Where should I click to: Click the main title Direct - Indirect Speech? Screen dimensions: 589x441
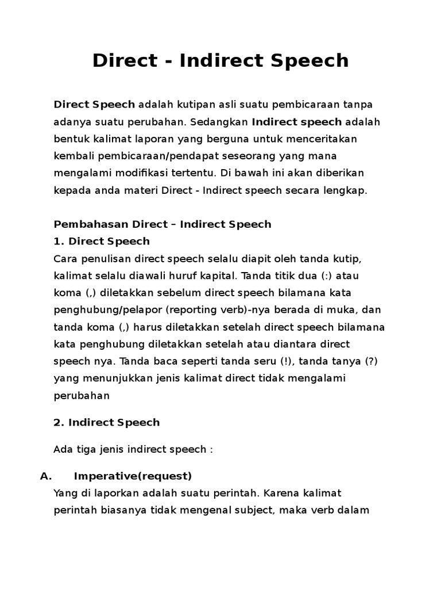(x=220, y=60)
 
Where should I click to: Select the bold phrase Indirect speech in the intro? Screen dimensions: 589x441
(x=296, y=122)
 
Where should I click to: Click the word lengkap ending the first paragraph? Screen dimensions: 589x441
(x=346, y=190)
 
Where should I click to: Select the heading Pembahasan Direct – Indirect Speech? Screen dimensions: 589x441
(x=162, y=224)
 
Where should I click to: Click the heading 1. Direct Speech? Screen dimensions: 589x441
(x=101, y=240)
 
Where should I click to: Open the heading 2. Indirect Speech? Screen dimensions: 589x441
(x=106, y=422)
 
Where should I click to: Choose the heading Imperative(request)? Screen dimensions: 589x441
(x=133, y=476)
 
